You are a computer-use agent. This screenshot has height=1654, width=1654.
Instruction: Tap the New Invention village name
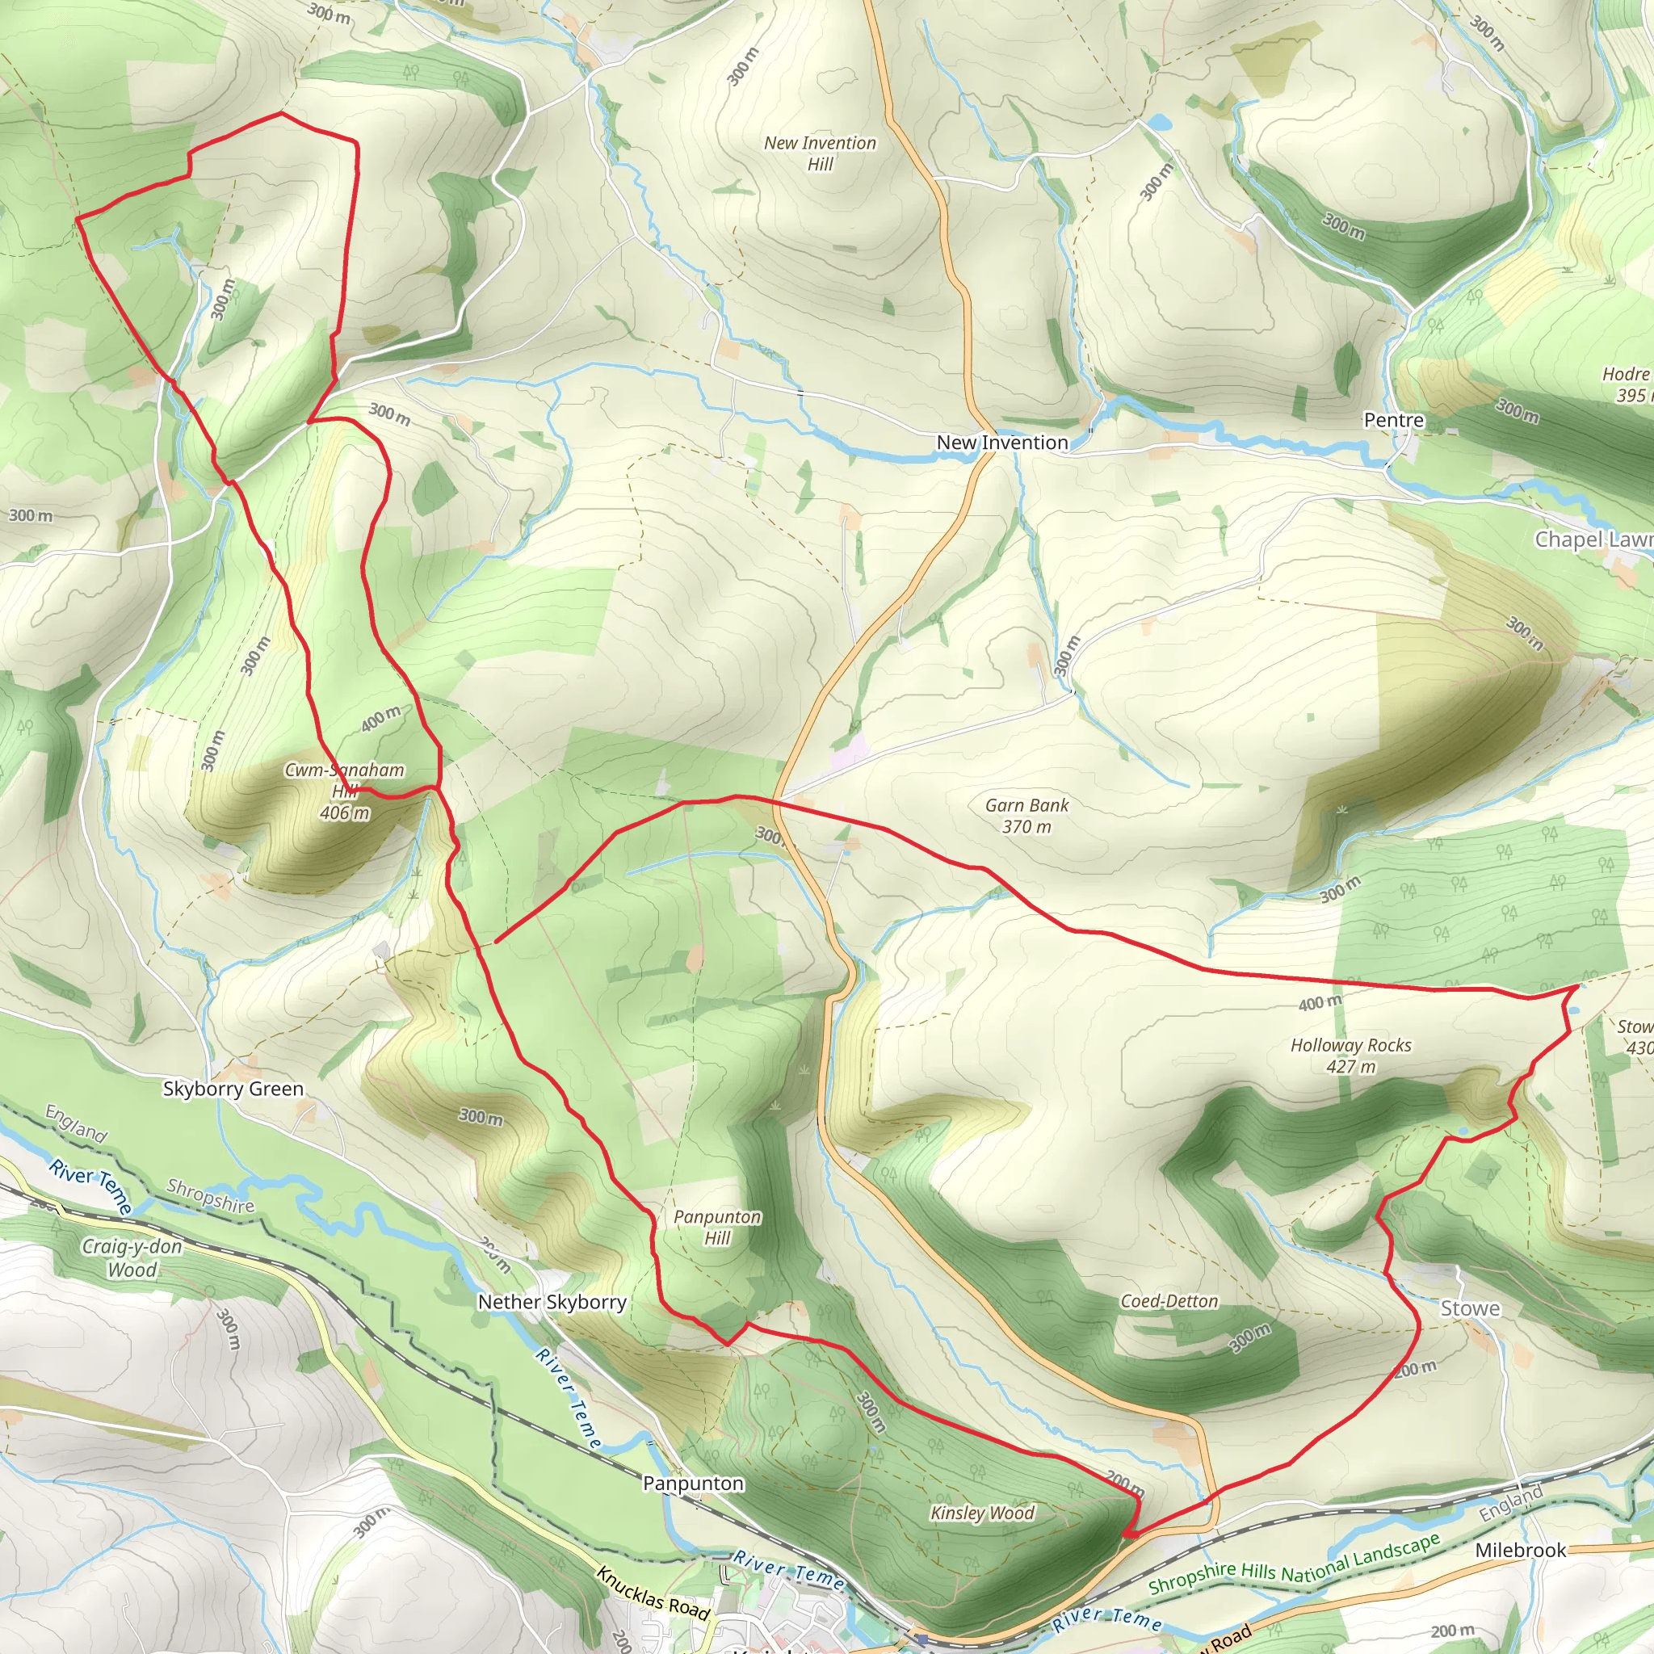[x=1001, y=443]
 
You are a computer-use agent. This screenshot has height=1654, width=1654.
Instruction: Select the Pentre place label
[x=1393, y=420]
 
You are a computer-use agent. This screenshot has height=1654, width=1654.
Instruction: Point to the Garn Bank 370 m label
[x=1026, y=815]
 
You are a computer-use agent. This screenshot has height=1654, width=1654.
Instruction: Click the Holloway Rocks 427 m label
[x=1350, y=1055]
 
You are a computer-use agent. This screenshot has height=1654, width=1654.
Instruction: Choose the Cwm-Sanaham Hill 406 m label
[x=344, y=790]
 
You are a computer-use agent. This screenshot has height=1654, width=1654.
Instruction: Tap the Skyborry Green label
[x=233, y=1088]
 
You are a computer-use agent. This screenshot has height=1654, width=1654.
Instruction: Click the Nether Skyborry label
[x=552, y=1301]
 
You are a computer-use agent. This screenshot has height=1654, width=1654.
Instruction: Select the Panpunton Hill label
[x=716, y=1227]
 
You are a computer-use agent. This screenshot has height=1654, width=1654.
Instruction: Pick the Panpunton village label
[x=693, y=1483]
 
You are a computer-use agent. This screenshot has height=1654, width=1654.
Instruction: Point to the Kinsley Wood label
[x=982, y=1513]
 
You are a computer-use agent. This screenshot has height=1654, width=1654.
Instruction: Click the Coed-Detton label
[x=1169, y=1300]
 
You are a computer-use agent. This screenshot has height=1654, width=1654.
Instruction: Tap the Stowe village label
[x=1470, y=1308]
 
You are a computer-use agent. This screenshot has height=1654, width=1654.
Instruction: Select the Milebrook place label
[x=1521, y=1550]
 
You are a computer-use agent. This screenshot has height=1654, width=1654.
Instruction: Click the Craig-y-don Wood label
[x=132, y=1257]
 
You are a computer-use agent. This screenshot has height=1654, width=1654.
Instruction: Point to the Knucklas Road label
[x=653, y=1593]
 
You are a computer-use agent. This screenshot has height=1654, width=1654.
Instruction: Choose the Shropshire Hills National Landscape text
[x=1294, y=1564]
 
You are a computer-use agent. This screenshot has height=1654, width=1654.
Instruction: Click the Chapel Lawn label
[x=1593, y=539]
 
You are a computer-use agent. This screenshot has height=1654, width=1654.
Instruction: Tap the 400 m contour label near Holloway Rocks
[x=1320, y=1002]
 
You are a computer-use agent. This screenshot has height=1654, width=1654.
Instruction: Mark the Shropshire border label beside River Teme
[x=210, y=1196]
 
